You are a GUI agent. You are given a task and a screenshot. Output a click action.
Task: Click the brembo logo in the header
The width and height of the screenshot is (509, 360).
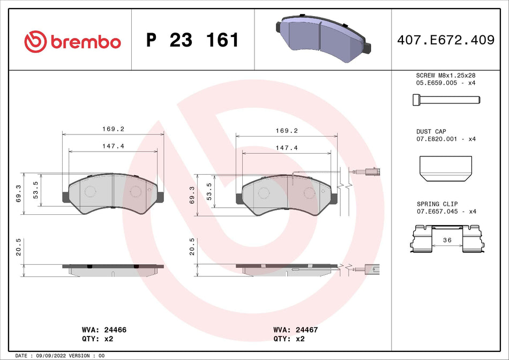[73, 41]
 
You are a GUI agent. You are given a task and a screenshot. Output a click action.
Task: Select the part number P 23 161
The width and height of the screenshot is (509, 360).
[192, 41]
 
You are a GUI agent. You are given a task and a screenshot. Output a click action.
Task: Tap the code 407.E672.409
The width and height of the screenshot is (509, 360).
[445, 40]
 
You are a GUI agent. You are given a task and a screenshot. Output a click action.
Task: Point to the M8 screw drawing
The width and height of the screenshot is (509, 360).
[446, 100]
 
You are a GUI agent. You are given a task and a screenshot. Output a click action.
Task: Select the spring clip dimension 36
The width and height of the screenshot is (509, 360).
[446, 241]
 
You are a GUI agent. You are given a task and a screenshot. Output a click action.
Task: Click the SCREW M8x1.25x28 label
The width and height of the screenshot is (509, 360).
[446, 76]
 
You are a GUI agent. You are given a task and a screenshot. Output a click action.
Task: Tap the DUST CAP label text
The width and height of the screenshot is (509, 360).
[431, 131]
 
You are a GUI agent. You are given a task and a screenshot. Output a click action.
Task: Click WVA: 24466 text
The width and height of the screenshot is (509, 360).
[103, 330]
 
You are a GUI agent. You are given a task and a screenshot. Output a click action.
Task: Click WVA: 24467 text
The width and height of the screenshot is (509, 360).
[295, 330]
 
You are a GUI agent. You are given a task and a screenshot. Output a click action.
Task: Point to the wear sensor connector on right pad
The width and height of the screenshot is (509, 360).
[366, 172]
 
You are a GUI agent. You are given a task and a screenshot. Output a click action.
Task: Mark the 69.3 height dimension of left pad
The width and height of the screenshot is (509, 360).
[19, 194]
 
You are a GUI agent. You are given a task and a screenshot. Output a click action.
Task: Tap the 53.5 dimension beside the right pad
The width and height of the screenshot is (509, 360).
[209, 190]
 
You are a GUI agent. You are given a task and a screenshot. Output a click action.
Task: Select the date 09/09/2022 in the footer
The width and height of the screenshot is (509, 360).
[56, 356]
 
